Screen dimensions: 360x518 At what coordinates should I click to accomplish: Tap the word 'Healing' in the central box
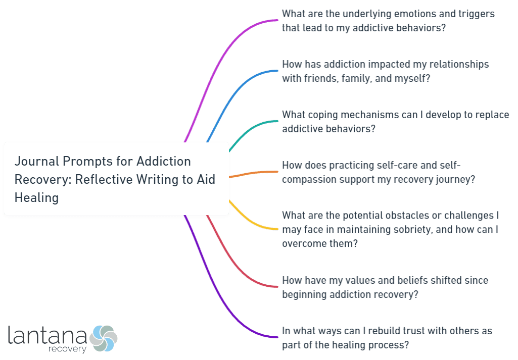36,197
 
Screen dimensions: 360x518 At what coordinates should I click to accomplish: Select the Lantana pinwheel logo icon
103,338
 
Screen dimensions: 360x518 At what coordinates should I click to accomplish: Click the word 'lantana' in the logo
48,336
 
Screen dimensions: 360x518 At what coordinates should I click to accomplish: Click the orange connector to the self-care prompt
253,173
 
